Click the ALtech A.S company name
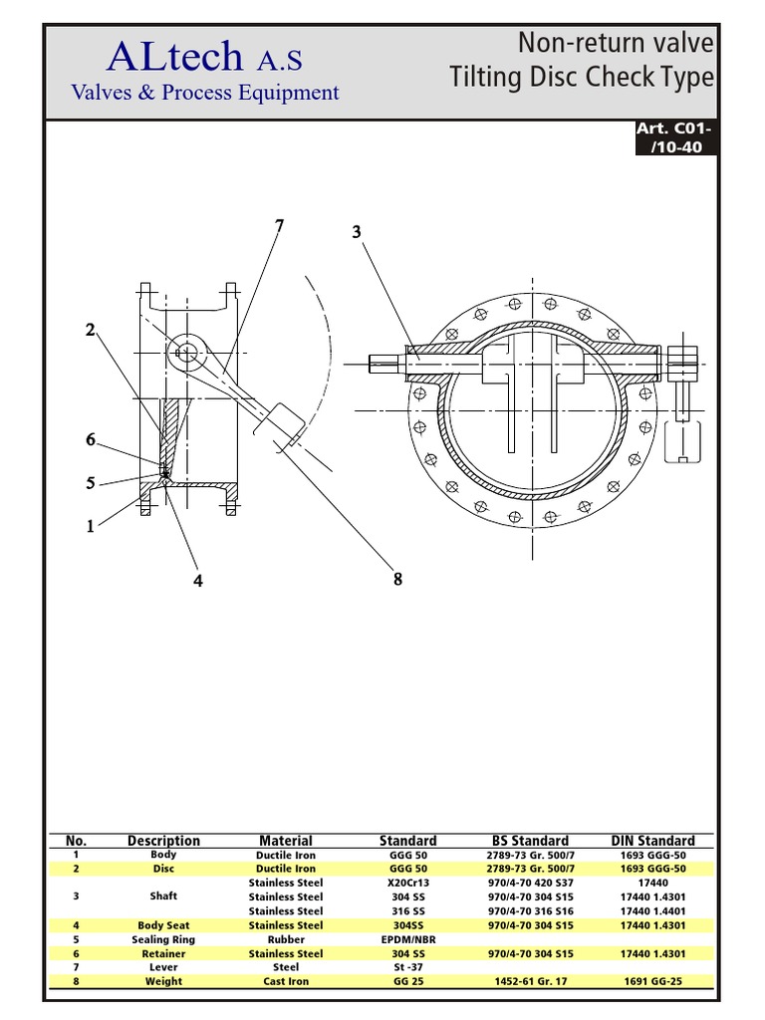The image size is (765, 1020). (x=203, y=58)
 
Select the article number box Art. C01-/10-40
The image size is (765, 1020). (x=675, y=138)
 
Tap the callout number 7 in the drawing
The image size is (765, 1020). (x=279, y=226)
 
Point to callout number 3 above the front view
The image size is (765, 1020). (x=356, y=232)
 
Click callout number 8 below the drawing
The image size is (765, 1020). (x=397, y=580)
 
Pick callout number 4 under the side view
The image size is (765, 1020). (x=198, y=582)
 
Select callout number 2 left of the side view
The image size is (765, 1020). (x=90, y=331)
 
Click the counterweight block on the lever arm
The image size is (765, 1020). (x=284, y=423)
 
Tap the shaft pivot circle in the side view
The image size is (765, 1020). (x=185, y=352)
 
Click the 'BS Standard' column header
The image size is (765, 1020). (x=530, y=841)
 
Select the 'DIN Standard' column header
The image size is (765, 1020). (x=652, y=841)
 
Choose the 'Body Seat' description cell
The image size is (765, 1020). (x=163, y=925)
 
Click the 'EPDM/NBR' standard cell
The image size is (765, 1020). (x=407, y=939)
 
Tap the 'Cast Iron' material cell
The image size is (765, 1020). (x=286, y=981)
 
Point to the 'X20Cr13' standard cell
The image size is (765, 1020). (x=407, y=883)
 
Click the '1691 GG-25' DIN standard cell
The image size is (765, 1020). (x=652, y=981)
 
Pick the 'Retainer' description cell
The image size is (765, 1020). (x=163, y=953)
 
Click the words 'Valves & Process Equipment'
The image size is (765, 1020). (x=204, y=93)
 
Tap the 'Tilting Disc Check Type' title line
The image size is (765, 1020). (x=582, y=78)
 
